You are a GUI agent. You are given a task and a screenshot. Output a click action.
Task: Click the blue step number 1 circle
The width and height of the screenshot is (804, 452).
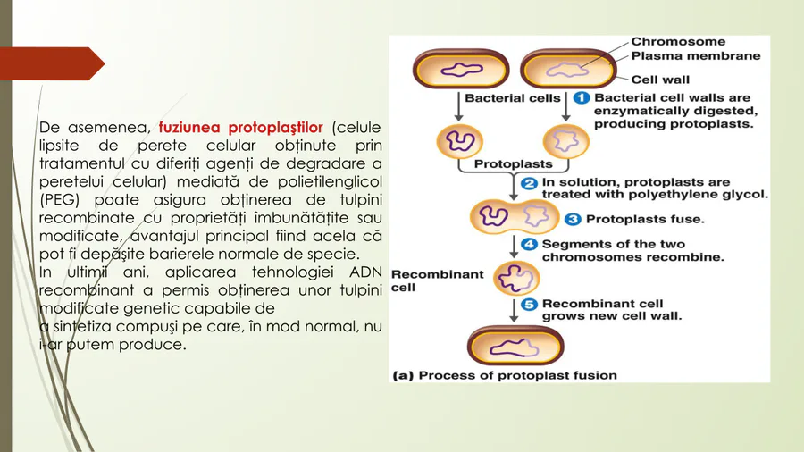[x=581, y=97]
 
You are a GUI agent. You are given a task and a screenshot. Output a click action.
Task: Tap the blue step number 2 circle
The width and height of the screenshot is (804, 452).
[x=529, y=183]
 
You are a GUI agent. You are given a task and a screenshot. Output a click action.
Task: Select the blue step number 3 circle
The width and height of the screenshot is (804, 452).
[x=573, y=220]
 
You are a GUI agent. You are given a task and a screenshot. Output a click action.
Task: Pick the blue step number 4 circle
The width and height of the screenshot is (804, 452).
[x=529, y=245]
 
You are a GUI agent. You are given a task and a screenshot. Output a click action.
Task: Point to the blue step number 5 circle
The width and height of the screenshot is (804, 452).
[x=529, y=305]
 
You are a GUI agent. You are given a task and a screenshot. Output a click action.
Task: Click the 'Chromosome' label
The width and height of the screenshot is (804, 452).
[x=678, y=41]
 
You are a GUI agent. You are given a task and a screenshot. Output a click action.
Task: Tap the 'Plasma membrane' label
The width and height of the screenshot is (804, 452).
[x=695, y=56]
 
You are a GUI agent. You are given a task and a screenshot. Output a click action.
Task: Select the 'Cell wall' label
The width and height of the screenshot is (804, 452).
[x=660, y=80]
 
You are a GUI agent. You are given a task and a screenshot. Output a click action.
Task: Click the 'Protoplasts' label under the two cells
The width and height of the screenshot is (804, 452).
[x=513, y=164]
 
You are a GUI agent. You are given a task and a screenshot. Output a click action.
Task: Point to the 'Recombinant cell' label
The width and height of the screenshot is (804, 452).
[x=437, y=280]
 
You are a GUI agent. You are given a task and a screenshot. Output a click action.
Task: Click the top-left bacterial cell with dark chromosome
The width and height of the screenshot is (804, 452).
[x=460, y=69]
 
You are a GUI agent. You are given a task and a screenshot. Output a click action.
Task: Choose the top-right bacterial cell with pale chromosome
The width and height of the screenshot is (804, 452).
[x=568, y=69]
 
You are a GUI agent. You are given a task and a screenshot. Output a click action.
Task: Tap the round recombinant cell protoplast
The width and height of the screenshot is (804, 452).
[x=516, y=279]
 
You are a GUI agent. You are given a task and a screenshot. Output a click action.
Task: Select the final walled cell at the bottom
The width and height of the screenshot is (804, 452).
[x=515, y=346]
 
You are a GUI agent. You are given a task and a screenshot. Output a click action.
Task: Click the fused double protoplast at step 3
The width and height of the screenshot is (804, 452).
[x=515, y=217]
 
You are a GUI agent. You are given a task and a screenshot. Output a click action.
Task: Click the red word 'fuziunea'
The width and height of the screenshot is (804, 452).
[x=189, y=127]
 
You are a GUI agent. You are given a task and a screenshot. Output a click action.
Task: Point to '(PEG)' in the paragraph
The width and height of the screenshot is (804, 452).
[x=57, y=200]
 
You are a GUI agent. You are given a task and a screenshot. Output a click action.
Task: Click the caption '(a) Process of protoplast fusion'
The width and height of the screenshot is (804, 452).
[x=505, y=375]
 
